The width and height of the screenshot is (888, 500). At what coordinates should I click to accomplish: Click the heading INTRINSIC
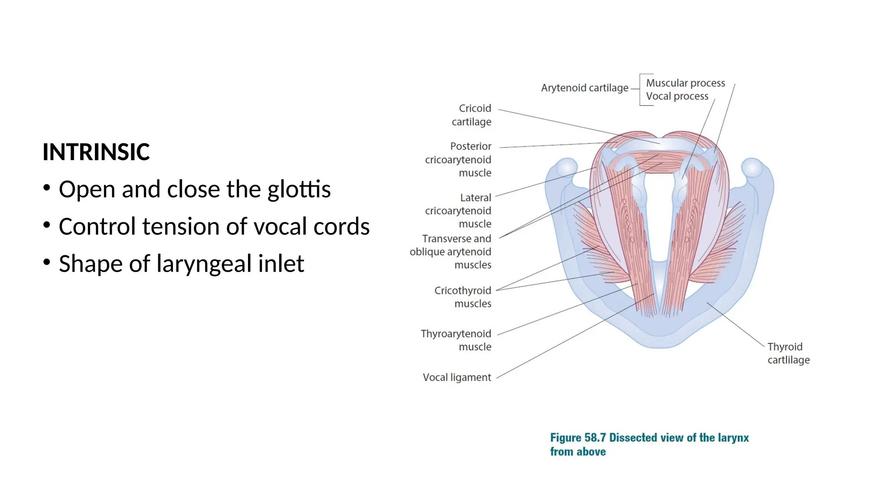(96, 152)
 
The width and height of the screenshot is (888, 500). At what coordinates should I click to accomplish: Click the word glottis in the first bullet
(299, 190)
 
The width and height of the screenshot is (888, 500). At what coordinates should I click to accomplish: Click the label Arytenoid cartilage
(584, 88)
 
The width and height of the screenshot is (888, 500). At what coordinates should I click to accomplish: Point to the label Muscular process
(685, 83)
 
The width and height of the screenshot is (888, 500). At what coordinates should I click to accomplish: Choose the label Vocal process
(677, 96)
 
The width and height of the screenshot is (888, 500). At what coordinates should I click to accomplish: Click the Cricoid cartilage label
(472, 115)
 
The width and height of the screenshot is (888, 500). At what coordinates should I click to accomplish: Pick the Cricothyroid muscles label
(464, 297)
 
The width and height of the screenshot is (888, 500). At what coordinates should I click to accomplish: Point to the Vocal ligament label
(457, 378)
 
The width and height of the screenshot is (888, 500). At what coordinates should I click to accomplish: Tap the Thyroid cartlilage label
(788, 353)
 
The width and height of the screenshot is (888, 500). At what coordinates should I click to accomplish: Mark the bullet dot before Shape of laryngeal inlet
(47, 262)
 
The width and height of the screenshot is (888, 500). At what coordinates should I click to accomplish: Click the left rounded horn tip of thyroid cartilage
(566, 168)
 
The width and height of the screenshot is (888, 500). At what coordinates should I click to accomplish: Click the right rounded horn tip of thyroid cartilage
(752, 168)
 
